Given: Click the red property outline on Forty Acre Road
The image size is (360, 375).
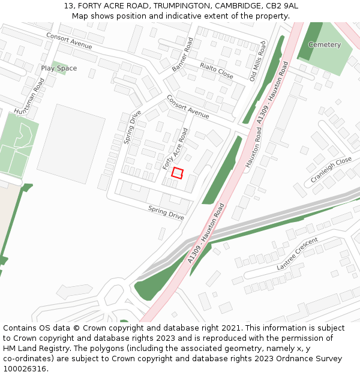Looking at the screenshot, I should (177, 173).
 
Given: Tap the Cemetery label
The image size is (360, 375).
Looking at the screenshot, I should (324, 45).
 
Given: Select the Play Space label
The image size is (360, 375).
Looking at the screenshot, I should (59, 68).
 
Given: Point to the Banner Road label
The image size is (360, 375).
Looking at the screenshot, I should (183, 55).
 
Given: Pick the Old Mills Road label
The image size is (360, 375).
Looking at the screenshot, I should (257, 61).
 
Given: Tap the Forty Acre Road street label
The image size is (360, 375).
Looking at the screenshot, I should (175, 148).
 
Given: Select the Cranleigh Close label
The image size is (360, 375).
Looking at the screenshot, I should (331, 171).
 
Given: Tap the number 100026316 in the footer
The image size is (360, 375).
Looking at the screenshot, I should (25, 369).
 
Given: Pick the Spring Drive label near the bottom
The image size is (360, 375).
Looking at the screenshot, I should (166, 212).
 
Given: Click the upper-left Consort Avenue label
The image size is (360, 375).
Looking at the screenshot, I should (69, 41).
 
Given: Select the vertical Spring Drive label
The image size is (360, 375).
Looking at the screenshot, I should (133, 127).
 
